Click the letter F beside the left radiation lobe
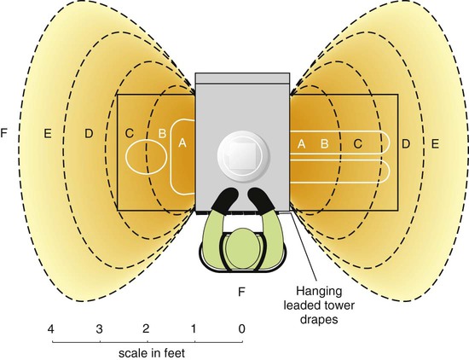pos(3,132)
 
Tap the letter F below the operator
pos(241,292)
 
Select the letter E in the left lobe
pos(48,133)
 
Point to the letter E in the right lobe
pos(435,144)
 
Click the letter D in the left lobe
pos(89,133)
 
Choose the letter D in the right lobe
pos(406,144)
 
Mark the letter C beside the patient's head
pos(130,133)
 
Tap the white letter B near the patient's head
pos(162,133)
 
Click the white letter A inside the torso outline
pos(182,143)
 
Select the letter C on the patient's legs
pos(358,144)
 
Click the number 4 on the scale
pos(51,329)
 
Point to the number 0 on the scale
pos(241,329)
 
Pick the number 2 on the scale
pos(146,329)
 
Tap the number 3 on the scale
pos(99,329)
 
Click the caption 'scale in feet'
pos(152,353)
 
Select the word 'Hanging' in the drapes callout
pos(319,291)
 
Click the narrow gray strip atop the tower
pos(242,78)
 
